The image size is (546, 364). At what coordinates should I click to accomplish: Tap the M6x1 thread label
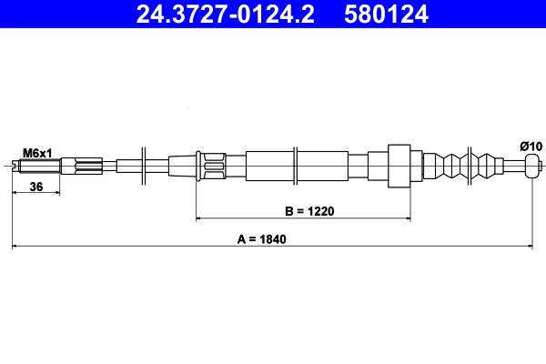[37, 152]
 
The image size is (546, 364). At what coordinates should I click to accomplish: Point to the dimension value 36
[37, 187]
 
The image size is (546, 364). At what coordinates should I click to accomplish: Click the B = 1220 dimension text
[310, 211]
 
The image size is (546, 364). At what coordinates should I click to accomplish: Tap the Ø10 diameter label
[531, 146]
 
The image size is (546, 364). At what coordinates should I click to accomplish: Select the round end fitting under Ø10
[532, 166]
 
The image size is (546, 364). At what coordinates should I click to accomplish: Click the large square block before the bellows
[401, 166]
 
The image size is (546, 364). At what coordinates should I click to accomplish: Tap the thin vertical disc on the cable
[144, 166]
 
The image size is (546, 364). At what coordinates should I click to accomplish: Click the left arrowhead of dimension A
[15, 246]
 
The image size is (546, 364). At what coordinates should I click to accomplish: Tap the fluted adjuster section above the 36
[80, 166]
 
